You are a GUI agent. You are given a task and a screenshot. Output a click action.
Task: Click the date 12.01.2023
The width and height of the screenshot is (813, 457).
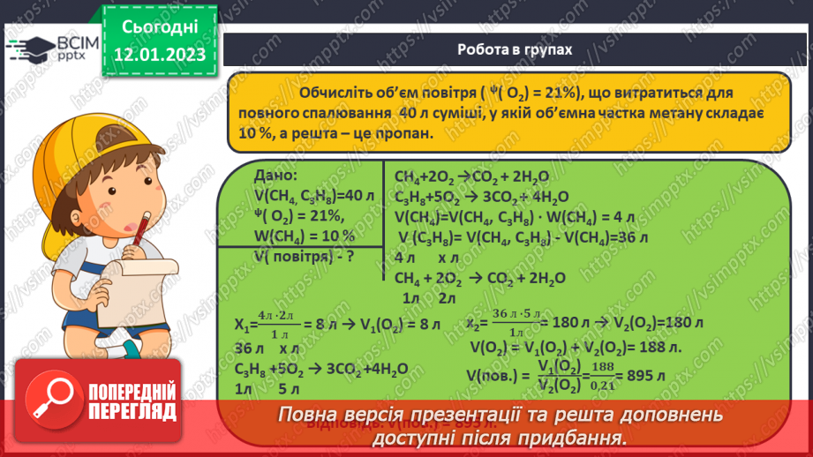coord(159,54)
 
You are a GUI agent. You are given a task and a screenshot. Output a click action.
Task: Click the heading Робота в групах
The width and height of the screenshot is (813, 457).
coord(515,50)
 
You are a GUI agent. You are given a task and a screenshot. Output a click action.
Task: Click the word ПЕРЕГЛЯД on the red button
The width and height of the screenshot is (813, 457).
coord(130,411)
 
